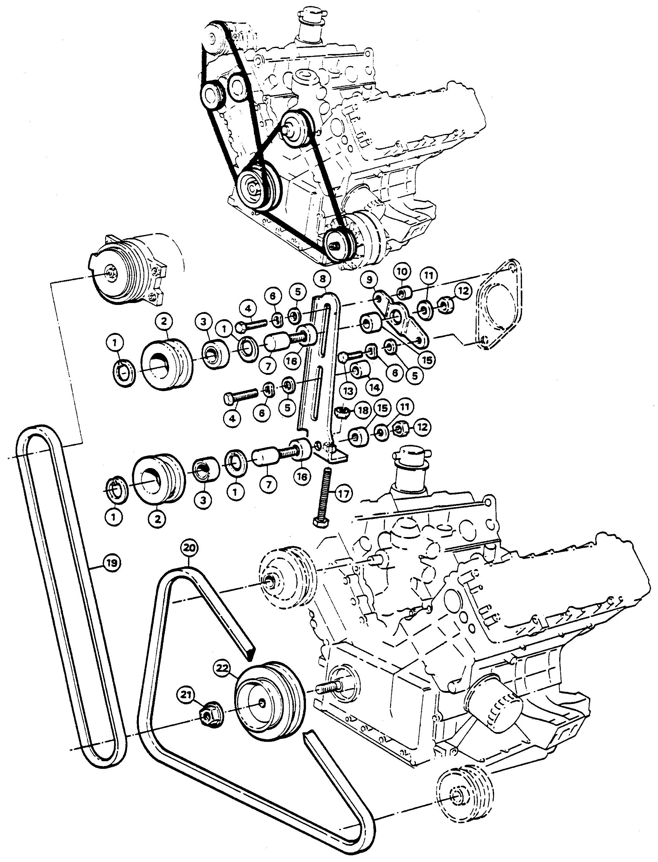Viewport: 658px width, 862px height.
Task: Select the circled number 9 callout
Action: [370, 280]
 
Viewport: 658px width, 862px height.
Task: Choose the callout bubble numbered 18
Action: [363, 411]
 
